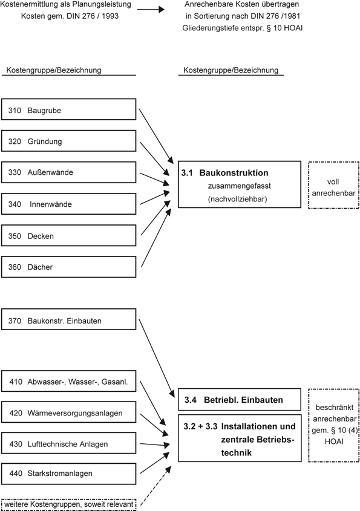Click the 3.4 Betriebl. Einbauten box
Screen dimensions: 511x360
239,400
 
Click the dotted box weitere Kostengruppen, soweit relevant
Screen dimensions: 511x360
68,503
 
